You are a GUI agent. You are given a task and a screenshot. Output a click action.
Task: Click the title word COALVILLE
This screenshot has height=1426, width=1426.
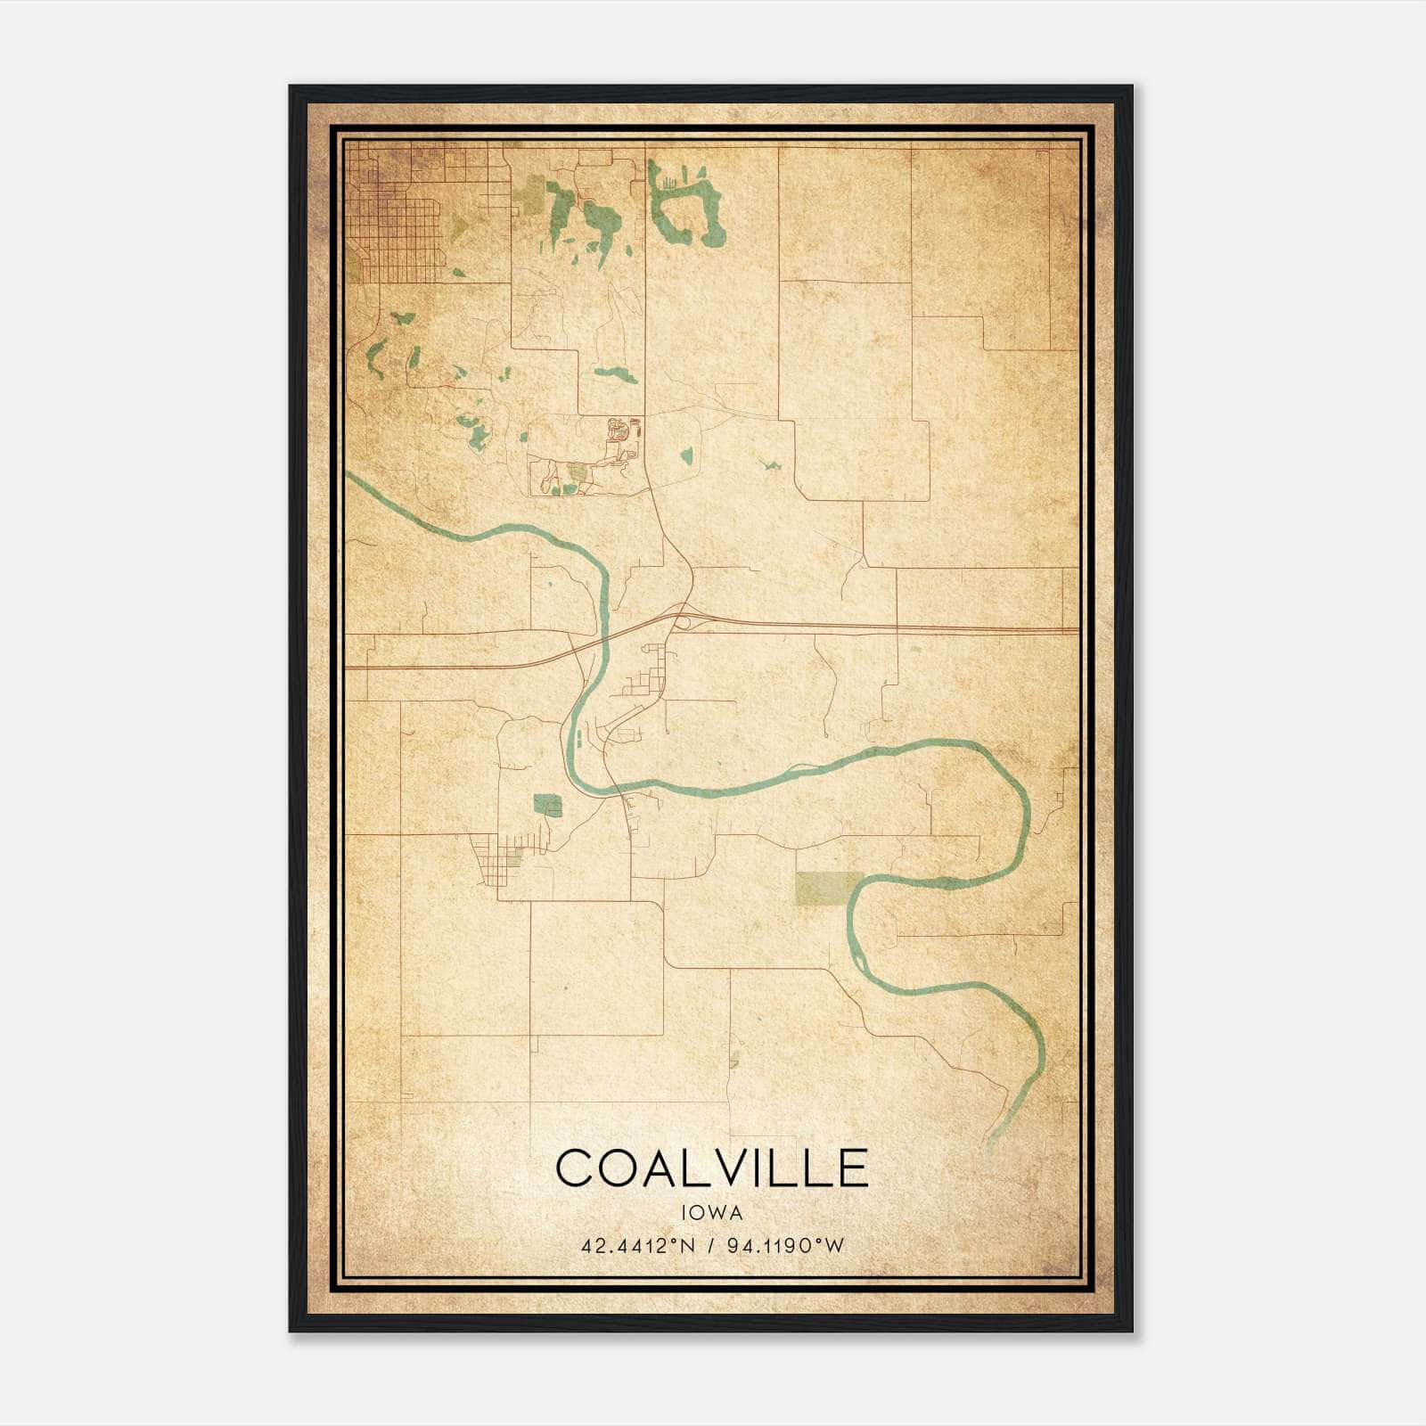711,1168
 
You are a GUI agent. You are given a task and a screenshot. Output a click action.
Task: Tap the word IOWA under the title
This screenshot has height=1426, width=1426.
711,1212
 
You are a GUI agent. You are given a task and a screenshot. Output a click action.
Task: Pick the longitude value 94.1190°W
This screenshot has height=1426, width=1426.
785,1246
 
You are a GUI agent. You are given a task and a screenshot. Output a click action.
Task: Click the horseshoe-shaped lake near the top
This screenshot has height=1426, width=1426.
686,205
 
